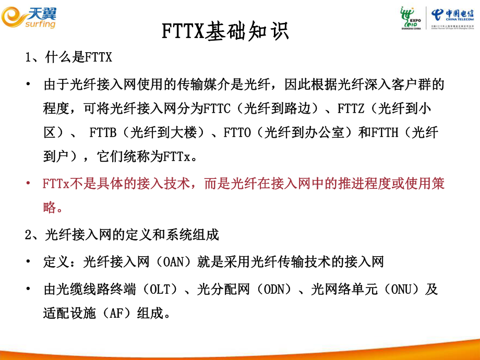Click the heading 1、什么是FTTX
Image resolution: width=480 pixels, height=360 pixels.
(x=69, y=57)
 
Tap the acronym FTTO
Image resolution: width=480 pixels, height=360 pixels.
(x=239, y=133)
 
